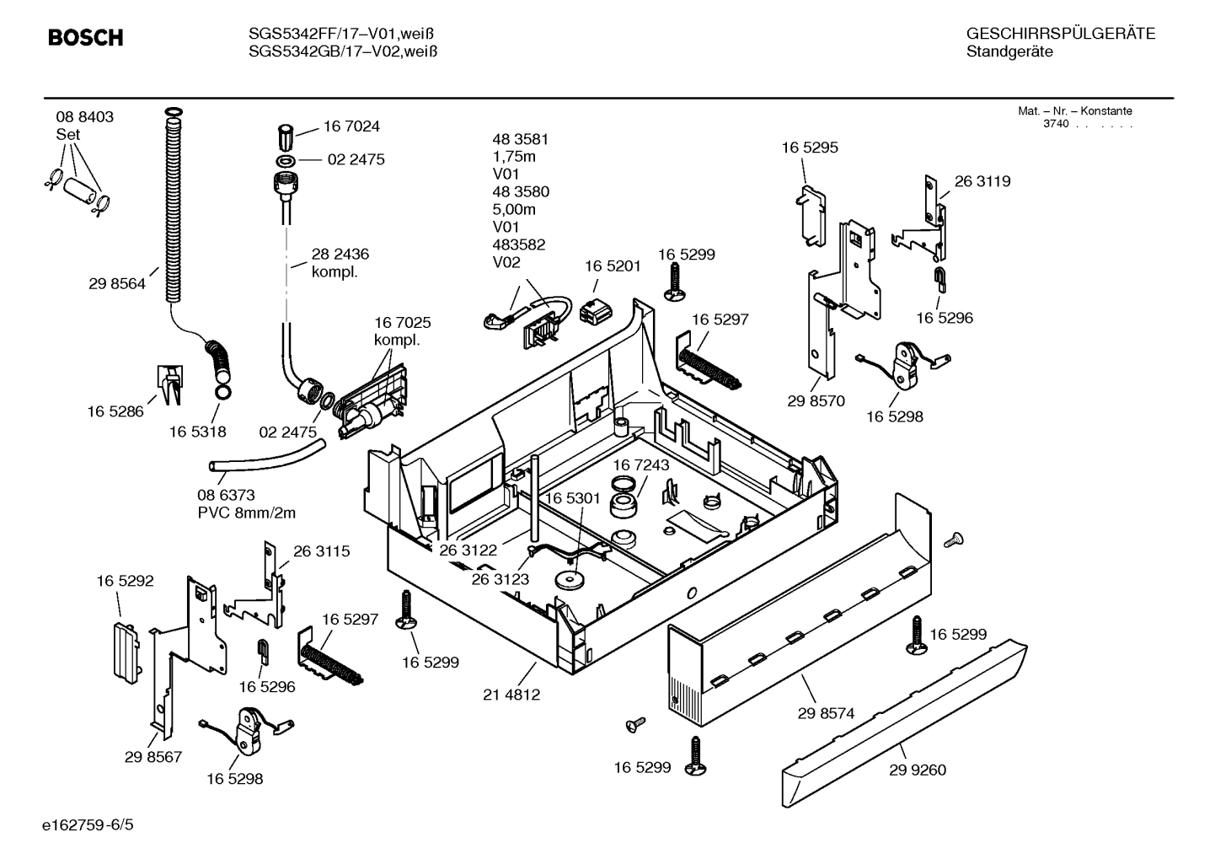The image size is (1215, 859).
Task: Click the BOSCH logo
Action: tap(85, 38)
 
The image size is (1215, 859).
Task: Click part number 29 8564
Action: tap(116, 284)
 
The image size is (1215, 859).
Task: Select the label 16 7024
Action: tap(351, 126)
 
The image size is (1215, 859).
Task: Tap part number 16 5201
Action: tap(613, 266)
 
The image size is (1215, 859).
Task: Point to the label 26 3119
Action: tap(982, 181)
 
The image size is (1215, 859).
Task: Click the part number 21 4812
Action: tap(511, 695)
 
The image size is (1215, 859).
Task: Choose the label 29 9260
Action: tap(918, 770)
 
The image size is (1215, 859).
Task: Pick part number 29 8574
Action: tap(826, 713)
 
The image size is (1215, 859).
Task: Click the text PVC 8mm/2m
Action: tap(247, 513)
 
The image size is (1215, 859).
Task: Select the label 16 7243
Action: tap(640, 465)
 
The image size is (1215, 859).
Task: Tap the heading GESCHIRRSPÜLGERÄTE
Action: tap(1060, 35)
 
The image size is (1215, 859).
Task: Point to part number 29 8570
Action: tap(816, 401)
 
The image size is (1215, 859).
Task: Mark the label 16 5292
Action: tap(125, 581)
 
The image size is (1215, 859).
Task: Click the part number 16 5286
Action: tap(115, 411)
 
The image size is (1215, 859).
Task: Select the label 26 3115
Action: tap(321, 551)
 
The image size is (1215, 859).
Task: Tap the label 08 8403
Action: tap(84, 117)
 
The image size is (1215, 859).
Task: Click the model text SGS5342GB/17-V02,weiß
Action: tap(342, 51)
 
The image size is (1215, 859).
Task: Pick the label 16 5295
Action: tap(810, 148)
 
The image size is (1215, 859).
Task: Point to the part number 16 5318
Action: tap(197, 432)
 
